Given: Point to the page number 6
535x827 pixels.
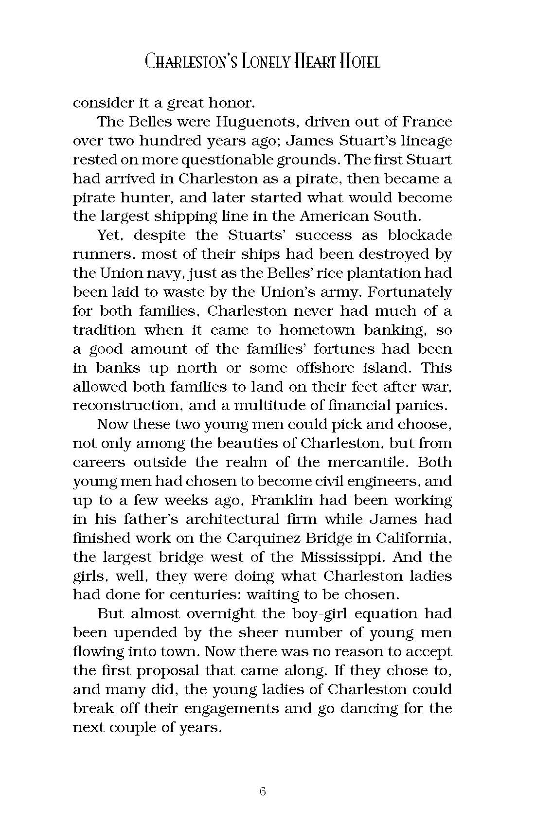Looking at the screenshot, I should pos(263,791).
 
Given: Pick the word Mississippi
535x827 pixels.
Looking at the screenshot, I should pos(355,557).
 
